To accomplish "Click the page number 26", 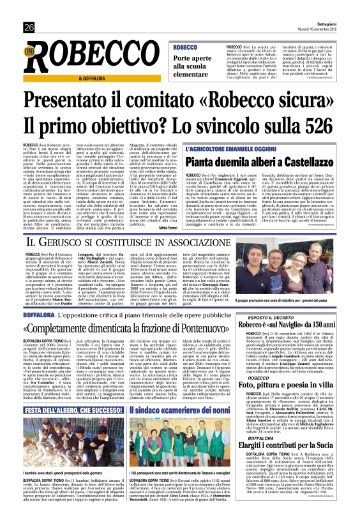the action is (x=29, y=27).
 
